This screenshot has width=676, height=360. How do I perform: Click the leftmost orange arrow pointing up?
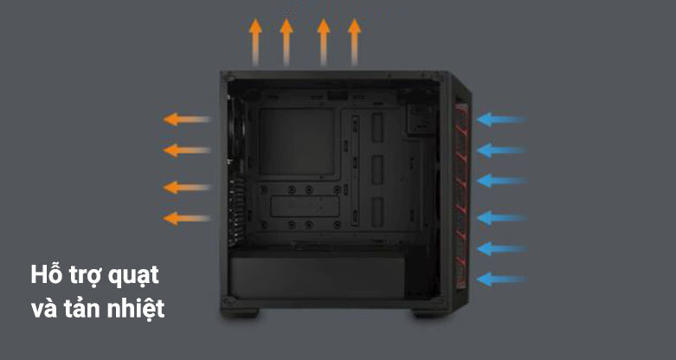[x=255, y=42]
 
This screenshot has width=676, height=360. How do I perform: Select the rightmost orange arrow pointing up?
[x=354, y=42]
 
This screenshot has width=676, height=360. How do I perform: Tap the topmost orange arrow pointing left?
[x=187, y=119]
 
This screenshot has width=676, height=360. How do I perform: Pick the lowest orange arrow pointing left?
[x=187, y=218]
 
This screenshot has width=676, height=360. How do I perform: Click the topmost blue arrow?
[x=501, y=119]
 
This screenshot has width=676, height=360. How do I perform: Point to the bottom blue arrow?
[x=501, y=279]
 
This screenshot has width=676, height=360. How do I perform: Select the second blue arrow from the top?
[x=501, y=150]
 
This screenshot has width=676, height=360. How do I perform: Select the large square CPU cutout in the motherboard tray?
[x=297, y=141]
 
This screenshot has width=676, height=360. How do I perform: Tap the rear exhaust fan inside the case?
[x=237, y=129]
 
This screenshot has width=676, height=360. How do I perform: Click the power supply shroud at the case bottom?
[x=317, y=277]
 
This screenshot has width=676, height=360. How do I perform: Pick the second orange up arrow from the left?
[x=286, y=42]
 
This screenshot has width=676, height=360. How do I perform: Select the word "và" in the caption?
[x=44, y=309]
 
